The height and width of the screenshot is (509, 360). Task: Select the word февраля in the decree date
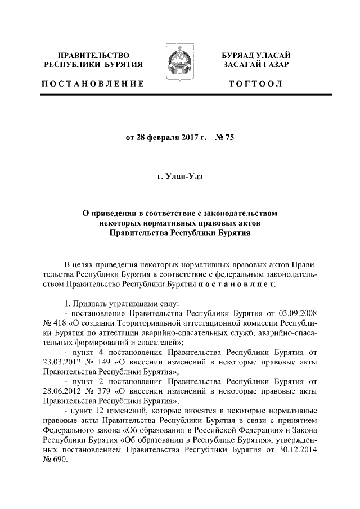163,138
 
